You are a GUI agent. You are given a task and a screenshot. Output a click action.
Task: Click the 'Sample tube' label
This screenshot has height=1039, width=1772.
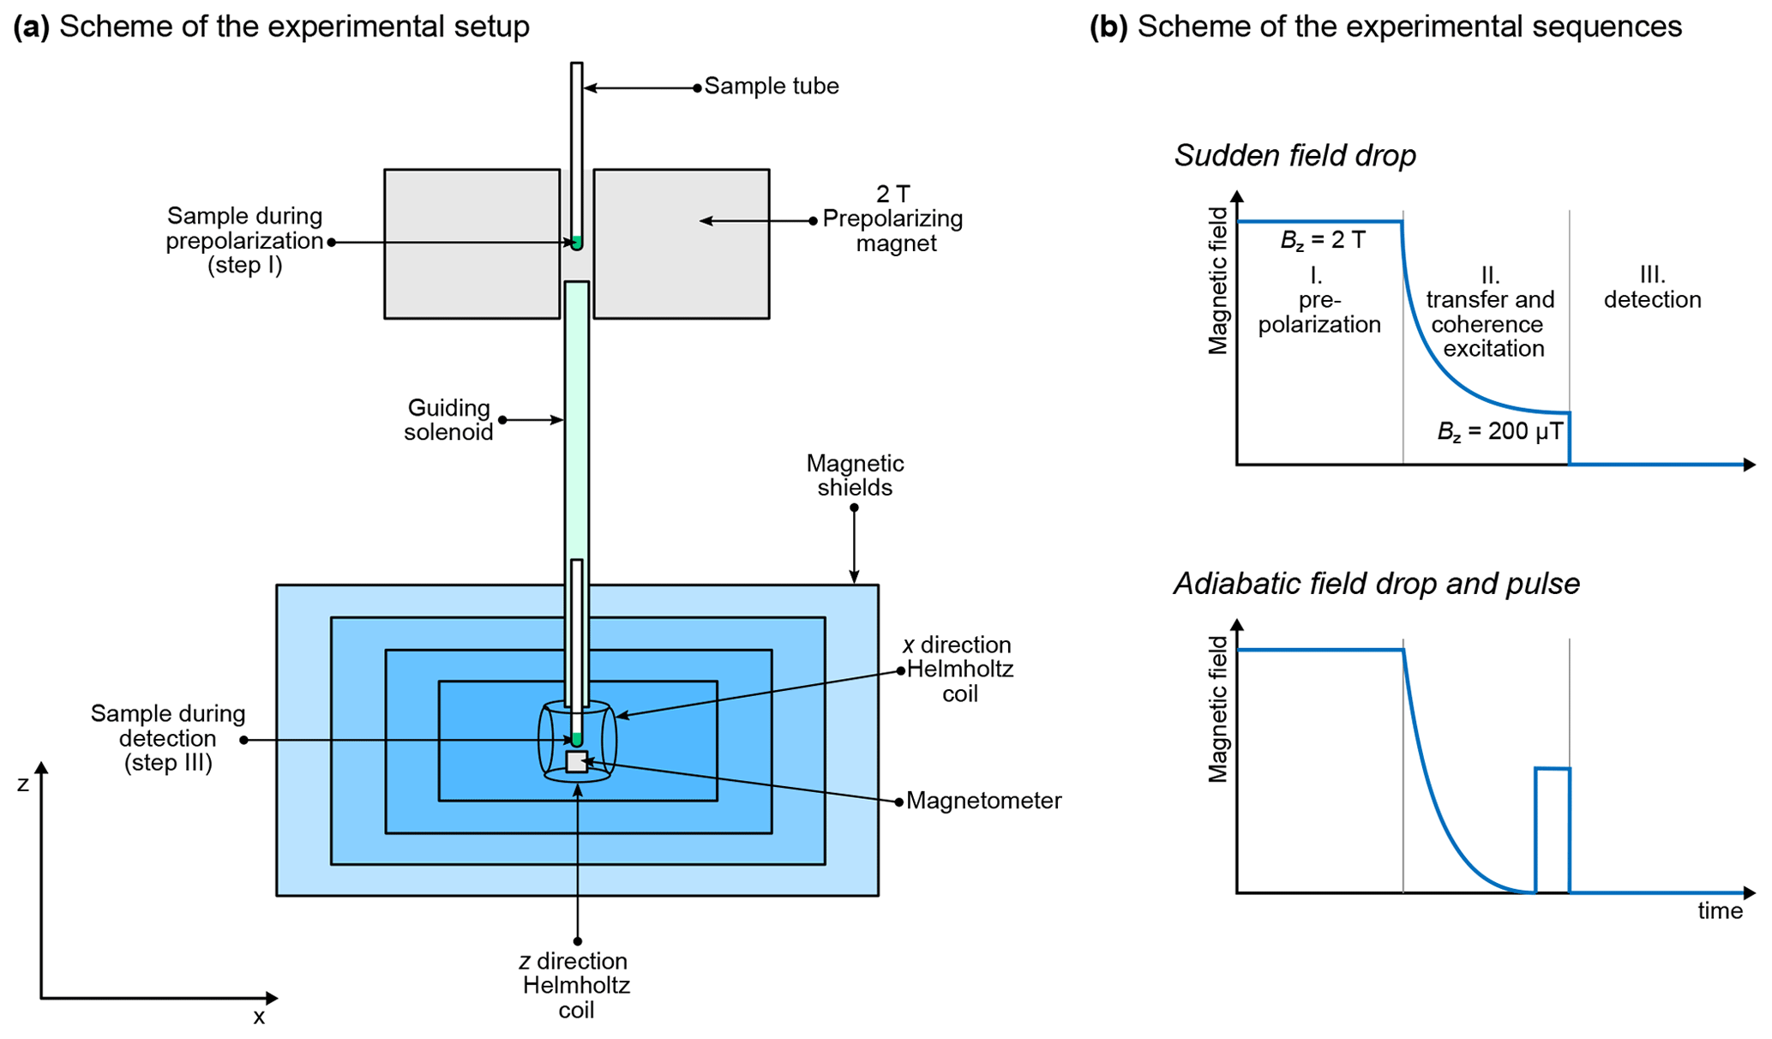771,87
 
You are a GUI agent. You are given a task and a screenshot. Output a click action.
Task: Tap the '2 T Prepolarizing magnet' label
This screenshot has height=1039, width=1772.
893,219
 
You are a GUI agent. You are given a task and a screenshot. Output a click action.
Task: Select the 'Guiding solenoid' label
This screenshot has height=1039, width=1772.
448,420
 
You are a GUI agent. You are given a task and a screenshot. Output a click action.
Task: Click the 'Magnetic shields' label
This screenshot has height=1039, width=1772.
855,476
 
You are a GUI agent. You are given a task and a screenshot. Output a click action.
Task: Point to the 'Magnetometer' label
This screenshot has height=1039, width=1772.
983,801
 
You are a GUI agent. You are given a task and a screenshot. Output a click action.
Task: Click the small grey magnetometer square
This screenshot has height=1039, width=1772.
577,761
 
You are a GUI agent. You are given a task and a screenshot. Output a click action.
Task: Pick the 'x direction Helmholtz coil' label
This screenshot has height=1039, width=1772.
958,670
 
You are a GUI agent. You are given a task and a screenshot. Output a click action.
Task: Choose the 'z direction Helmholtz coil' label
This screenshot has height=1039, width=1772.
575,985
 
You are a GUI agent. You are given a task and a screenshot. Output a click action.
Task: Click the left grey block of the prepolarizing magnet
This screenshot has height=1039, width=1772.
472,244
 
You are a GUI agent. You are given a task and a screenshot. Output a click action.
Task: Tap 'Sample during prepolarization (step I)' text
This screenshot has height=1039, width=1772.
244,241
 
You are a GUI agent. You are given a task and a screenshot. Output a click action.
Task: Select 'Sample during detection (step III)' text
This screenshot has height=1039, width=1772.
168,738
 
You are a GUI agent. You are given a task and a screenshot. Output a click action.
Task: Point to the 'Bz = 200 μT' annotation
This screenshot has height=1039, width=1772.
1499,431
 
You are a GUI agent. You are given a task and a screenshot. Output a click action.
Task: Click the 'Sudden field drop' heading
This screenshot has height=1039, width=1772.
1294,156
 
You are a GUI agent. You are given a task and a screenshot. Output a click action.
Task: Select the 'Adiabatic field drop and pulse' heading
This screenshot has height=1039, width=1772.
1376,584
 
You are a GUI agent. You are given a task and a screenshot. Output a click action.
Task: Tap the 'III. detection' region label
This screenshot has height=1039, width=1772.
1652,287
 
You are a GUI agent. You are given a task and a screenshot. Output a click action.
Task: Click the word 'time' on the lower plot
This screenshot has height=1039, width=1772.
1720,910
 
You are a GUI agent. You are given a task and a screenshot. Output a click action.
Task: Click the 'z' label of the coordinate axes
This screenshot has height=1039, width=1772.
23,784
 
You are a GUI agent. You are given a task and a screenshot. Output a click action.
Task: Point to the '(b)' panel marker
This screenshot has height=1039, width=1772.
1108,27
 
